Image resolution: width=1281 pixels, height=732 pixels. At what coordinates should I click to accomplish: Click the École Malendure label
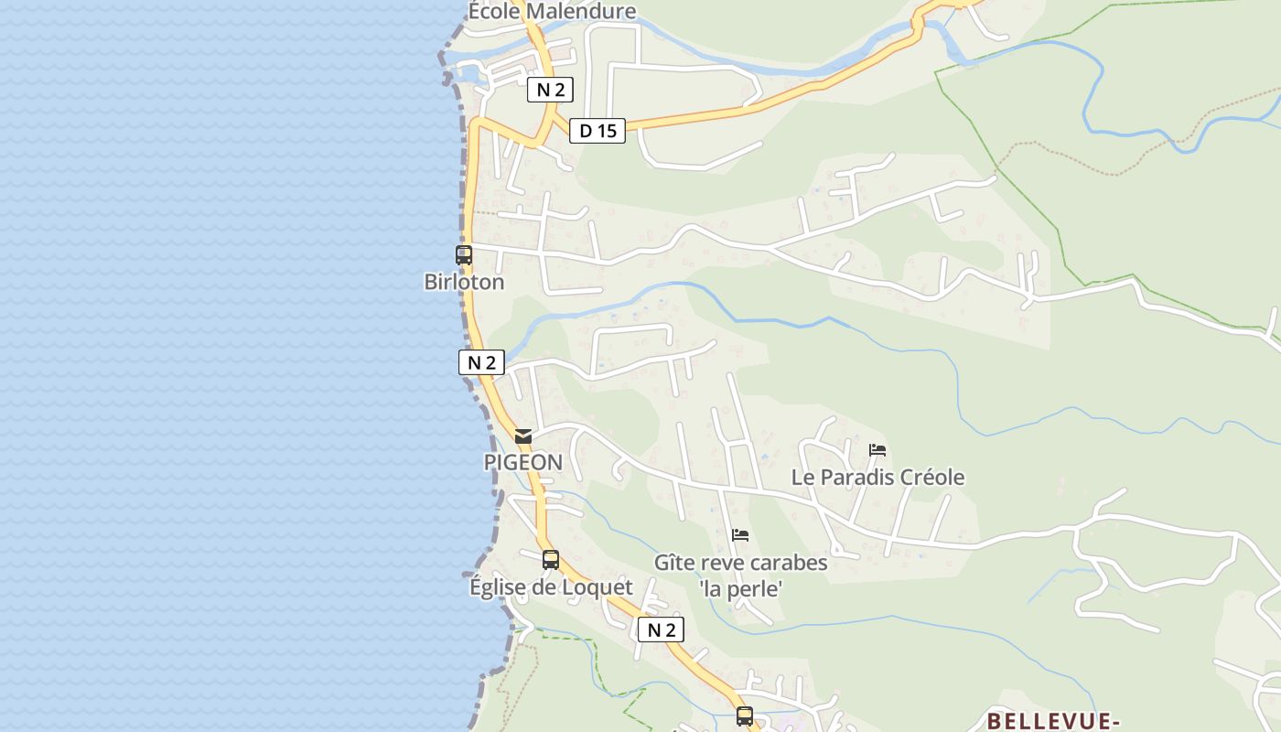pyautogui.click(x=552, y=11)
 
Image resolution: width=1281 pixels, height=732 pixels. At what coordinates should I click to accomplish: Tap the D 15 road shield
pyautogui.click(x=597, y=131)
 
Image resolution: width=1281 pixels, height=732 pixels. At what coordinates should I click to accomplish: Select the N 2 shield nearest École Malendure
pyautogui.click(x=550, y=90)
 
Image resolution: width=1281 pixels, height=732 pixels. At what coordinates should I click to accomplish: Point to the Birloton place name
pyautogui.click(x=464, y=282)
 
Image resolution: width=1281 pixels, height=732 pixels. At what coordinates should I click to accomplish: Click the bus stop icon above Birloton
pyautogui.click(x=464, y=255)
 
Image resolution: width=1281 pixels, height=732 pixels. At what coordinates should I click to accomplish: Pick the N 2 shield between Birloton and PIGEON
pyautogui.click(x=481, y=362)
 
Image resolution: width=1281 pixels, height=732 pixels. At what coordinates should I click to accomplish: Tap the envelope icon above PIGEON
pyautogui.click(x=523, y=436)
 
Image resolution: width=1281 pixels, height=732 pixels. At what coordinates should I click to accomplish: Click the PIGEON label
pyautogui.click(x=523, y=463)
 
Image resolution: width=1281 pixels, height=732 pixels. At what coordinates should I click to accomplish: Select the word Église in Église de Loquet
pyautogui.click(x=500, y=587)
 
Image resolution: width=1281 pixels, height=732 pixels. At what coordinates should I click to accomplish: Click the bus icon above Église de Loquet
pyautogui.click(x=550, y=559)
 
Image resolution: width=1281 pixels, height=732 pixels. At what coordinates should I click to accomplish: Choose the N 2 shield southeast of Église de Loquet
pyautogui.click(x=661, y=630)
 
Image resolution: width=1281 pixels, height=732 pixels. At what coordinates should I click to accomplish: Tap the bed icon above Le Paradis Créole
pyautogui.click(x=877, y=450)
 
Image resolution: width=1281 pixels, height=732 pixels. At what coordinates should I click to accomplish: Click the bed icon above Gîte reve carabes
pyautogui.click(x=740, y=534)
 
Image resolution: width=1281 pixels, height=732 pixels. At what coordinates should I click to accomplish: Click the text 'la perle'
pyautogui.click(x=740, y=589)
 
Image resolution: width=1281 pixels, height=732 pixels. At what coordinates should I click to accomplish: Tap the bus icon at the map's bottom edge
pyautogui.click(x=745, y=716)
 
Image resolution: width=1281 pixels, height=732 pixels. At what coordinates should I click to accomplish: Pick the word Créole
pyautogui.click(x=930, y=478)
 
